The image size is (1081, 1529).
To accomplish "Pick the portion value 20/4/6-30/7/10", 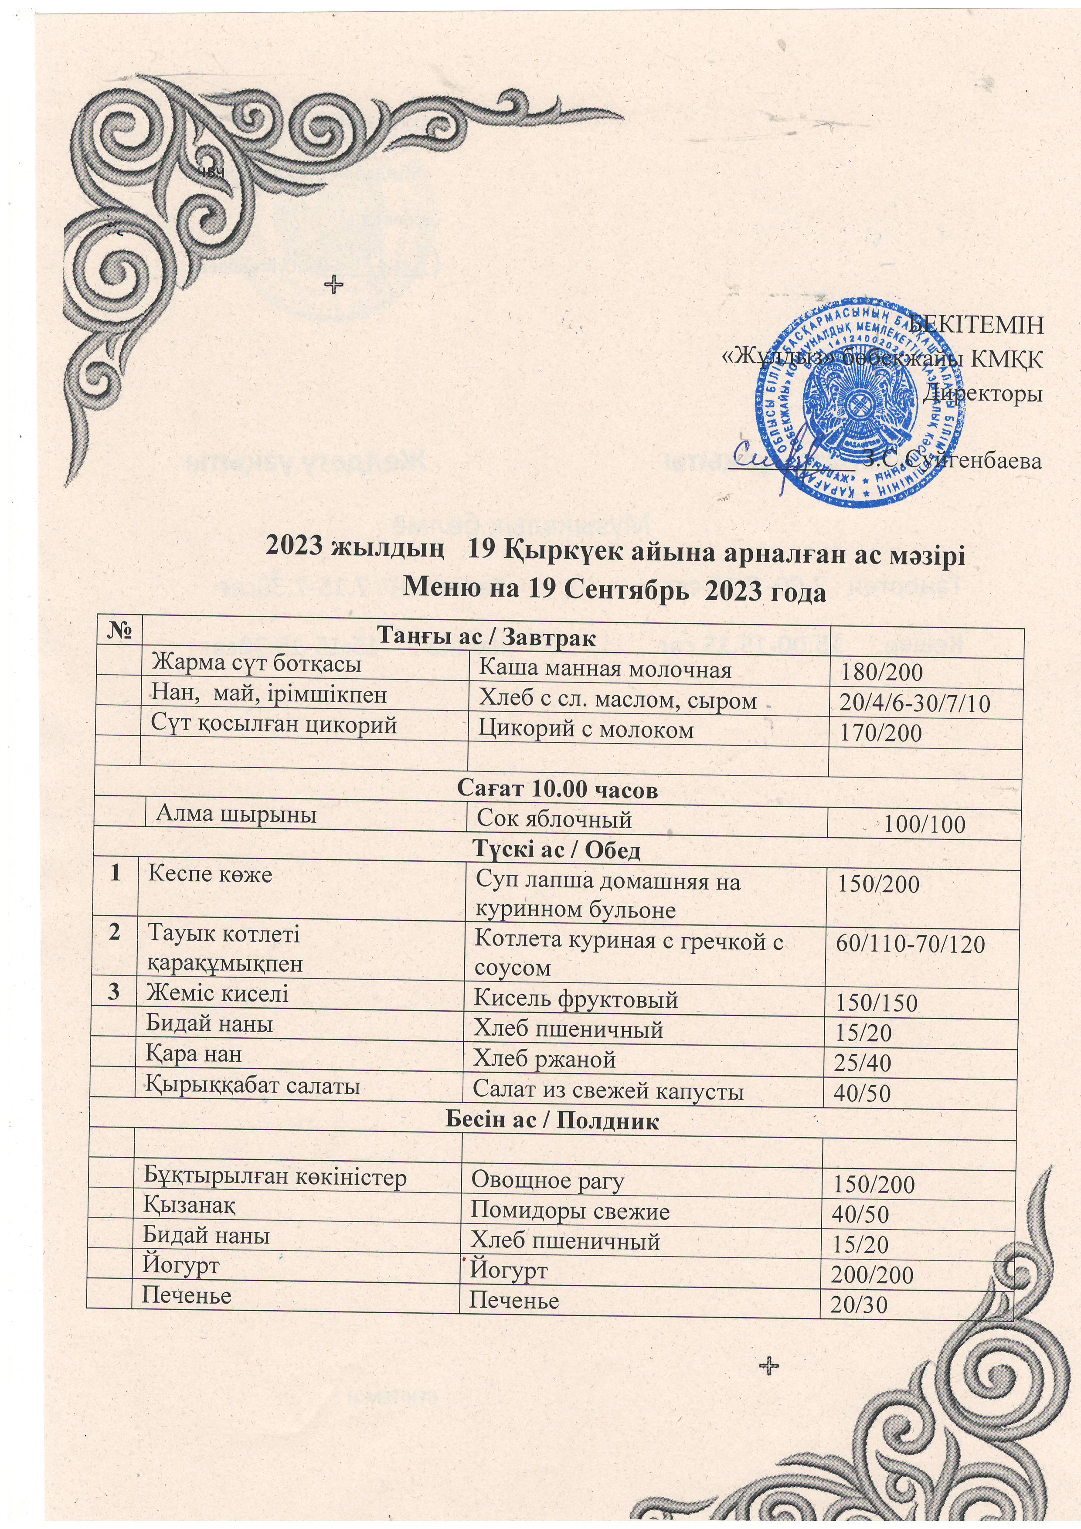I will pyautogui.click(x=925, y=703).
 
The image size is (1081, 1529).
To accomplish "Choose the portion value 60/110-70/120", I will pyautogui.click(x=911, y=944).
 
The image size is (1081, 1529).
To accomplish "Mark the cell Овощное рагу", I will pyautogui.click(x=547, y=1181).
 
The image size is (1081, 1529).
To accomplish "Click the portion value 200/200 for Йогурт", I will pyautogui.click(x=872, y=1274).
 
